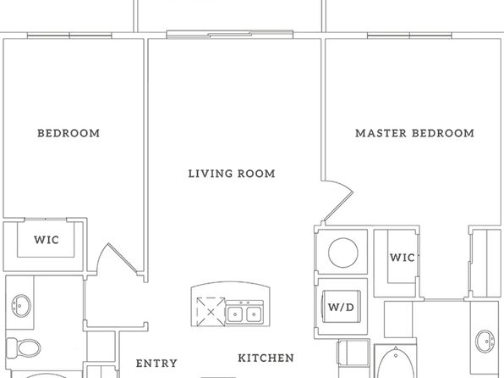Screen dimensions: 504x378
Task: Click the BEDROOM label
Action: [68, 133]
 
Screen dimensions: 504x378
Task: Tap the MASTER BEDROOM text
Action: [414, 133]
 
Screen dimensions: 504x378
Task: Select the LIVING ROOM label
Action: [232, 174]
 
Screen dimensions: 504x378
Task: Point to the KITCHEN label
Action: [266, 358]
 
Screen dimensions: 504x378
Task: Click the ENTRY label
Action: [156, 364]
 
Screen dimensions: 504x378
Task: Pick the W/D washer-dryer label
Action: [341, 307]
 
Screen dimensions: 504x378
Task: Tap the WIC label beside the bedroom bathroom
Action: [47, 240]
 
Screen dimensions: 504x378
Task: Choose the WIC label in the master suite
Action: [403, 258]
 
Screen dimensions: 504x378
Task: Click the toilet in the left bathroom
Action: [24, 348]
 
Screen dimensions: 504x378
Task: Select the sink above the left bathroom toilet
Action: [21, 306]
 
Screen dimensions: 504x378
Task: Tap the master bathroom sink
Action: [485, 342]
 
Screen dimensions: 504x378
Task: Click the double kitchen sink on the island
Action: [244, 313]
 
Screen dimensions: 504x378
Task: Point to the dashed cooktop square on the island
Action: [211, 312]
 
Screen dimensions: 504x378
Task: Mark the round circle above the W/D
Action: [343, 253]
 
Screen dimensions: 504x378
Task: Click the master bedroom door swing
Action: [338, 201]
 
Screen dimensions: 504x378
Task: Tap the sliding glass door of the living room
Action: [230, 35]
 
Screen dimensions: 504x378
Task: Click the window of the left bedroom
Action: [69, 36]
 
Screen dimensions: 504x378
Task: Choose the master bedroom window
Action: [409, 36]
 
